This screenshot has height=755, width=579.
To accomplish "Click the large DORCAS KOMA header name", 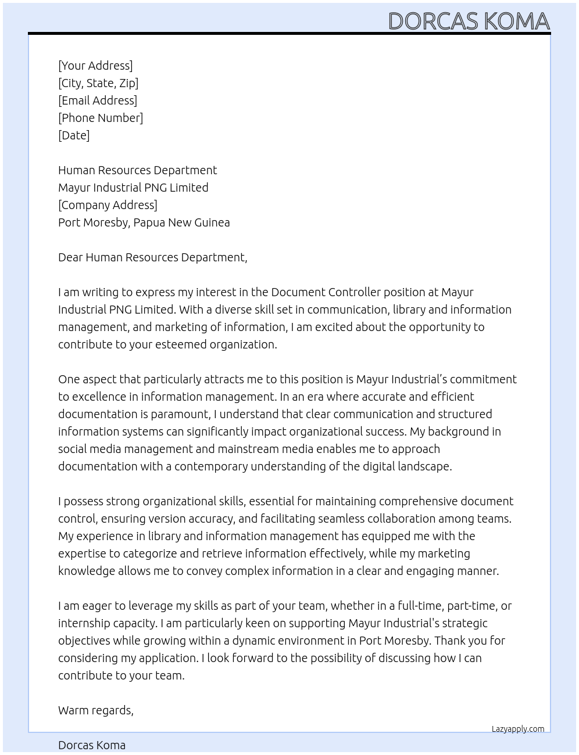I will (x=469, y=21).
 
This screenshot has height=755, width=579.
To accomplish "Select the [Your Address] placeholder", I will (x=95, y=66).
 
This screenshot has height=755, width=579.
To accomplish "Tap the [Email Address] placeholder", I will (x=98, y=100).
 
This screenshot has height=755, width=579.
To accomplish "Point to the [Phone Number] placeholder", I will (x=101, y=118).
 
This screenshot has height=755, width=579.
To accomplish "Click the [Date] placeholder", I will (x=74, y=135).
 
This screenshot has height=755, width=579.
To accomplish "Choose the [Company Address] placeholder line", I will (x=108, y=205).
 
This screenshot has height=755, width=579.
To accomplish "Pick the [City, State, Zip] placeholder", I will (x=98, y=83).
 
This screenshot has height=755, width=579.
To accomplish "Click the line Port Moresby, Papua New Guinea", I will (x=144, y=222).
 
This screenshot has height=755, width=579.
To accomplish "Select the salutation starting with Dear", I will (x=152, y=257).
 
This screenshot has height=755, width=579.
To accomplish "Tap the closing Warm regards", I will (x=96, y=710).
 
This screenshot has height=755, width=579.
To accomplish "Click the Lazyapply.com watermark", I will (x=518, y=729).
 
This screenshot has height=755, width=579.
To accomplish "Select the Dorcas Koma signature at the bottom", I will (x=92, y=745).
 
